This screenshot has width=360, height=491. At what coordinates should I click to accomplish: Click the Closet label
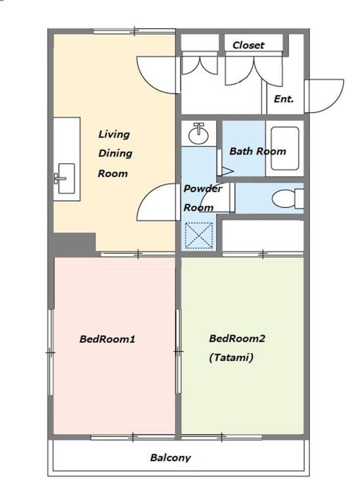248,45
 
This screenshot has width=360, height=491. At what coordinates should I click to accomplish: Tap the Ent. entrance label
284,99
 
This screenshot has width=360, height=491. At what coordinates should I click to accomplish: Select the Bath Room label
258,151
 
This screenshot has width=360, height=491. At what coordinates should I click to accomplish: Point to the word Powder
203,189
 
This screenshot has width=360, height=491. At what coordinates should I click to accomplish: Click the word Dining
115,153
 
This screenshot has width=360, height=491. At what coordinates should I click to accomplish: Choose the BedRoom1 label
107,339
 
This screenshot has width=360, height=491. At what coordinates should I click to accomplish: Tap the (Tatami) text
231,358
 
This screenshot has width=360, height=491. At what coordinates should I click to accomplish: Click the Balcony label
170,457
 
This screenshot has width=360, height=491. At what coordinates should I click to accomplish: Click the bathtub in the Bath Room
284,148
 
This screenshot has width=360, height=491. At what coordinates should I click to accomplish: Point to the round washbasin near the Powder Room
198,133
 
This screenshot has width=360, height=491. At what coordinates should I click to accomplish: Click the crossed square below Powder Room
199,235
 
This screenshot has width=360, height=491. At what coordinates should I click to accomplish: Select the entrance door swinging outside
324,96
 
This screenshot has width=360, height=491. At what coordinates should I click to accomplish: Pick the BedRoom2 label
237,339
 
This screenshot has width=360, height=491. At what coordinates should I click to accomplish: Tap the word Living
114,135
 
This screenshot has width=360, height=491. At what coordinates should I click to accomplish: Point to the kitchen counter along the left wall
66,159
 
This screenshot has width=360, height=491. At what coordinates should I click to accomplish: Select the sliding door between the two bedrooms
178,352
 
